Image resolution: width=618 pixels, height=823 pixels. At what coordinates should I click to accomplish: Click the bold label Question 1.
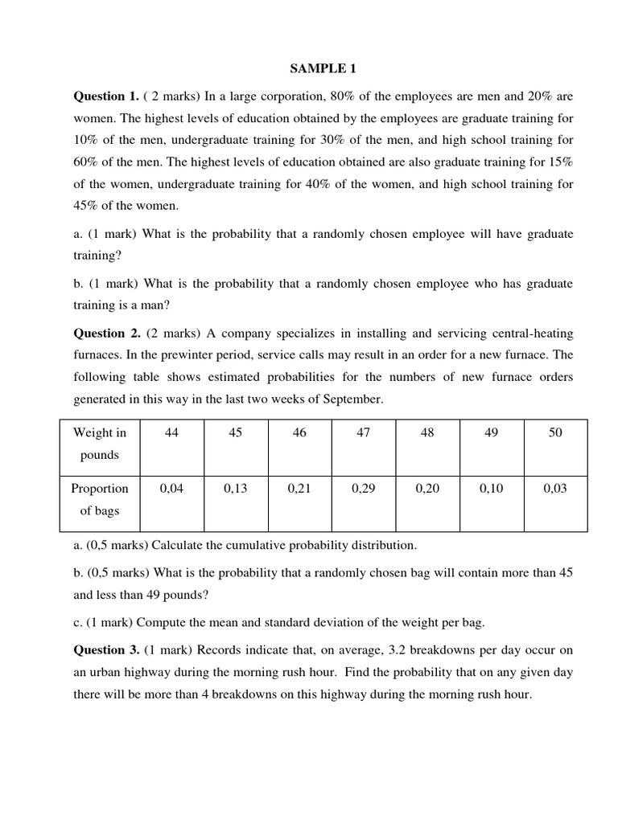(106, 96)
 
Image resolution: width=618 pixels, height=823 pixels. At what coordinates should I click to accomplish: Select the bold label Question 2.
(106, 333)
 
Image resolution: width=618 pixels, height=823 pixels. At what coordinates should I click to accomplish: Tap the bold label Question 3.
(106, 649)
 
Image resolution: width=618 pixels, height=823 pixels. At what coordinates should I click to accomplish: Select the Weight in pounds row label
(100, 444)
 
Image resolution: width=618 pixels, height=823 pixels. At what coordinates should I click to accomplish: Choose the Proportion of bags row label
(100, 499)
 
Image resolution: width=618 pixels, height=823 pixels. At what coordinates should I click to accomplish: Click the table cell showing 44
(171, 433)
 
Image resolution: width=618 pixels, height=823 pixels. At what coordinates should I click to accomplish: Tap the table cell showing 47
(363, 433)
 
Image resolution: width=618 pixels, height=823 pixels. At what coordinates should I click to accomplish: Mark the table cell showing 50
(555, 433)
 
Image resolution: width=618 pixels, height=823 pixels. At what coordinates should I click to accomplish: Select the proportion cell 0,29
(363, 489)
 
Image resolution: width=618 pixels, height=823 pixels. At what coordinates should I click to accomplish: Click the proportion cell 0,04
(171, 489)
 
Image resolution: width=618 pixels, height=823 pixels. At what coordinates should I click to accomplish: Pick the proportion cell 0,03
(555, 489)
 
